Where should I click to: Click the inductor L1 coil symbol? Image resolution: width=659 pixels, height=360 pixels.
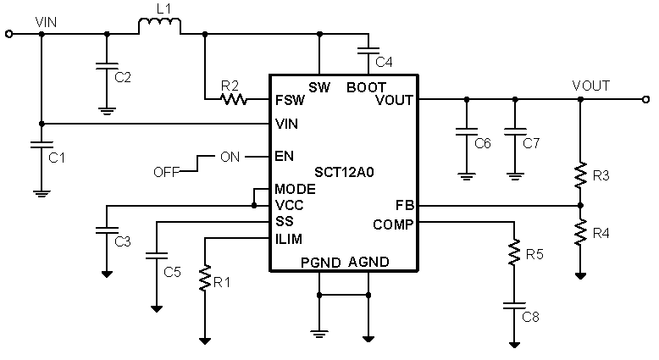pos(159,27)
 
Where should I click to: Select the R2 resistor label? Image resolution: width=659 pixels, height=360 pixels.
pos(230,85)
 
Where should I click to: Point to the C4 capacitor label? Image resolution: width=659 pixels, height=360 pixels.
pos(384,62)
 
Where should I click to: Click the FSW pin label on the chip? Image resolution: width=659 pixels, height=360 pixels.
pos(290,100)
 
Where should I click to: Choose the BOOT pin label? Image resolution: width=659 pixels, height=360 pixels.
pos(367,86)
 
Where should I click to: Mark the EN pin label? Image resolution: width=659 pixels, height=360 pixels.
pos(285,157)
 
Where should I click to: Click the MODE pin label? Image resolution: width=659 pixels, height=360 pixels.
pos(295,188)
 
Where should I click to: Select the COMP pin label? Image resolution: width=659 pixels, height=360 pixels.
pos(393,224)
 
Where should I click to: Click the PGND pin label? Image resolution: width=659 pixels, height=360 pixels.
pos(319,262)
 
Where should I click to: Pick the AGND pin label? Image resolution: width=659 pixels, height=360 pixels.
pos(368,262)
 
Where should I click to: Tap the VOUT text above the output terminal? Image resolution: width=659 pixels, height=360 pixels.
pos(590,86)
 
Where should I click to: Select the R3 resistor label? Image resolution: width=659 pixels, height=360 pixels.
pos(601,176)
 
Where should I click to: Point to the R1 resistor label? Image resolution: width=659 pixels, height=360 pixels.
pos(221,283)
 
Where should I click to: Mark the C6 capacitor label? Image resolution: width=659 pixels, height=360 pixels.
pos(482,142)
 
